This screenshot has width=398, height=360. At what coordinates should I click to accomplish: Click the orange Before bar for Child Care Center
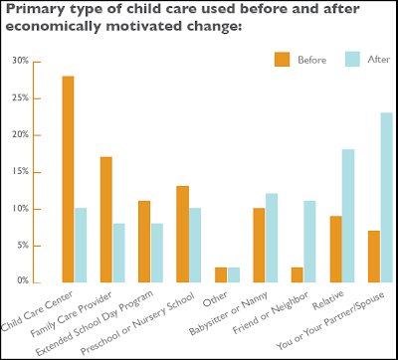[x=68, y=179]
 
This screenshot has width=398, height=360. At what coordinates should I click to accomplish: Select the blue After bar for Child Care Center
[x=81, y=246]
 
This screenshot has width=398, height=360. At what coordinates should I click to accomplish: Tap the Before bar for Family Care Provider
[x=106, y=220]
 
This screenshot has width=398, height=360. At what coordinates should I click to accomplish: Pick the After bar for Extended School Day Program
[x=157, y=253]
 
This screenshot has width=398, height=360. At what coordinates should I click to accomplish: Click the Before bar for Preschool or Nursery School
[x=183, y=235]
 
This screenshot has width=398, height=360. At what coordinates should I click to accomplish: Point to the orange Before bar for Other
[x=221, y=275]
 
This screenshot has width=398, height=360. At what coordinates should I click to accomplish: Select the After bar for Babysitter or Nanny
[x=272, y=238]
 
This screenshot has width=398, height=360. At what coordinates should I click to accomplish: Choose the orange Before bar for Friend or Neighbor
[x=298, y=275]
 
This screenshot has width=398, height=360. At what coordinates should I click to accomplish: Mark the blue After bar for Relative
[x=348, y=216]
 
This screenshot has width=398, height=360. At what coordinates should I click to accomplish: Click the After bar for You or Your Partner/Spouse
[x=387, y=198]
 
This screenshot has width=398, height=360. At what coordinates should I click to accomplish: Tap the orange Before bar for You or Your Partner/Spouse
[x=374, y=257]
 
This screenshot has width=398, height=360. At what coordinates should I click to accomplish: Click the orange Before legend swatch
[x=282, y=60]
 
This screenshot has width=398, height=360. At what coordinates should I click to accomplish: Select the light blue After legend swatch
[x=352, y=60]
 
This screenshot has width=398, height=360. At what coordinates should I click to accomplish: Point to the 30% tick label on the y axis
[x=21, y=62]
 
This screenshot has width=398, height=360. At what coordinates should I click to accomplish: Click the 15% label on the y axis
[x=21, y=172]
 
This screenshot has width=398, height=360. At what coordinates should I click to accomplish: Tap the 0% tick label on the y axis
[x=23, y=281]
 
